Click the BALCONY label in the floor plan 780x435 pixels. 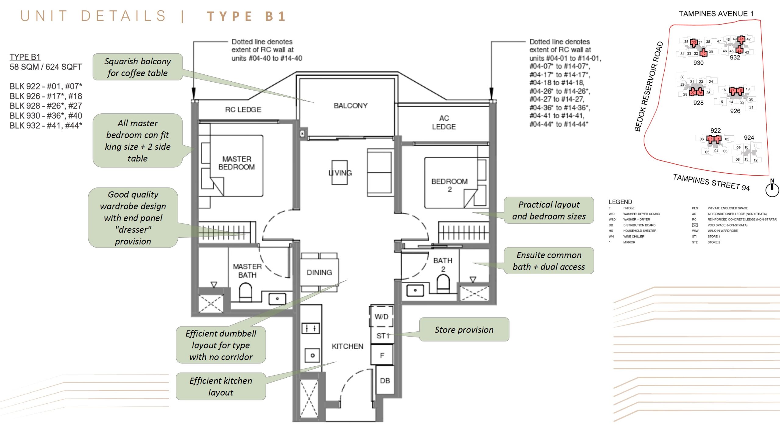point(350,106)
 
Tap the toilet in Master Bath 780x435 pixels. point(245,292)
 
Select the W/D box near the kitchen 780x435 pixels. point(381,316)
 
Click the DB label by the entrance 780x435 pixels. point(385,380)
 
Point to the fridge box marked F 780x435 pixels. point(382,355)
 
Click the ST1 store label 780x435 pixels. point(383,336)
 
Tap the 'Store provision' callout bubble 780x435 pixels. point(464,330)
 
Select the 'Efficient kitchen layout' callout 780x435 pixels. point(221,386)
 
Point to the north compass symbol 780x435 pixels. point(772,189)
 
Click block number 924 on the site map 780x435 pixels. point(749,138)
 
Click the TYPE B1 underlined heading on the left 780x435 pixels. point(25,57)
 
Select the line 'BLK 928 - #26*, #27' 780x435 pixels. point(46,106)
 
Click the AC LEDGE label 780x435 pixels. point(444,122)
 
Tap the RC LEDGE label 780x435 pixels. point(243,109)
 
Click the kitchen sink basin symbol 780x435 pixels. point(312,355)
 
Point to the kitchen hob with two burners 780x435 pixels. point(310,328)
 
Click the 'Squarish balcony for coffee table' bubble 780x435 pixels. point(137,67)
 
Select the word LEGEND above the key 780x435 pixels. point(620,202)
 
